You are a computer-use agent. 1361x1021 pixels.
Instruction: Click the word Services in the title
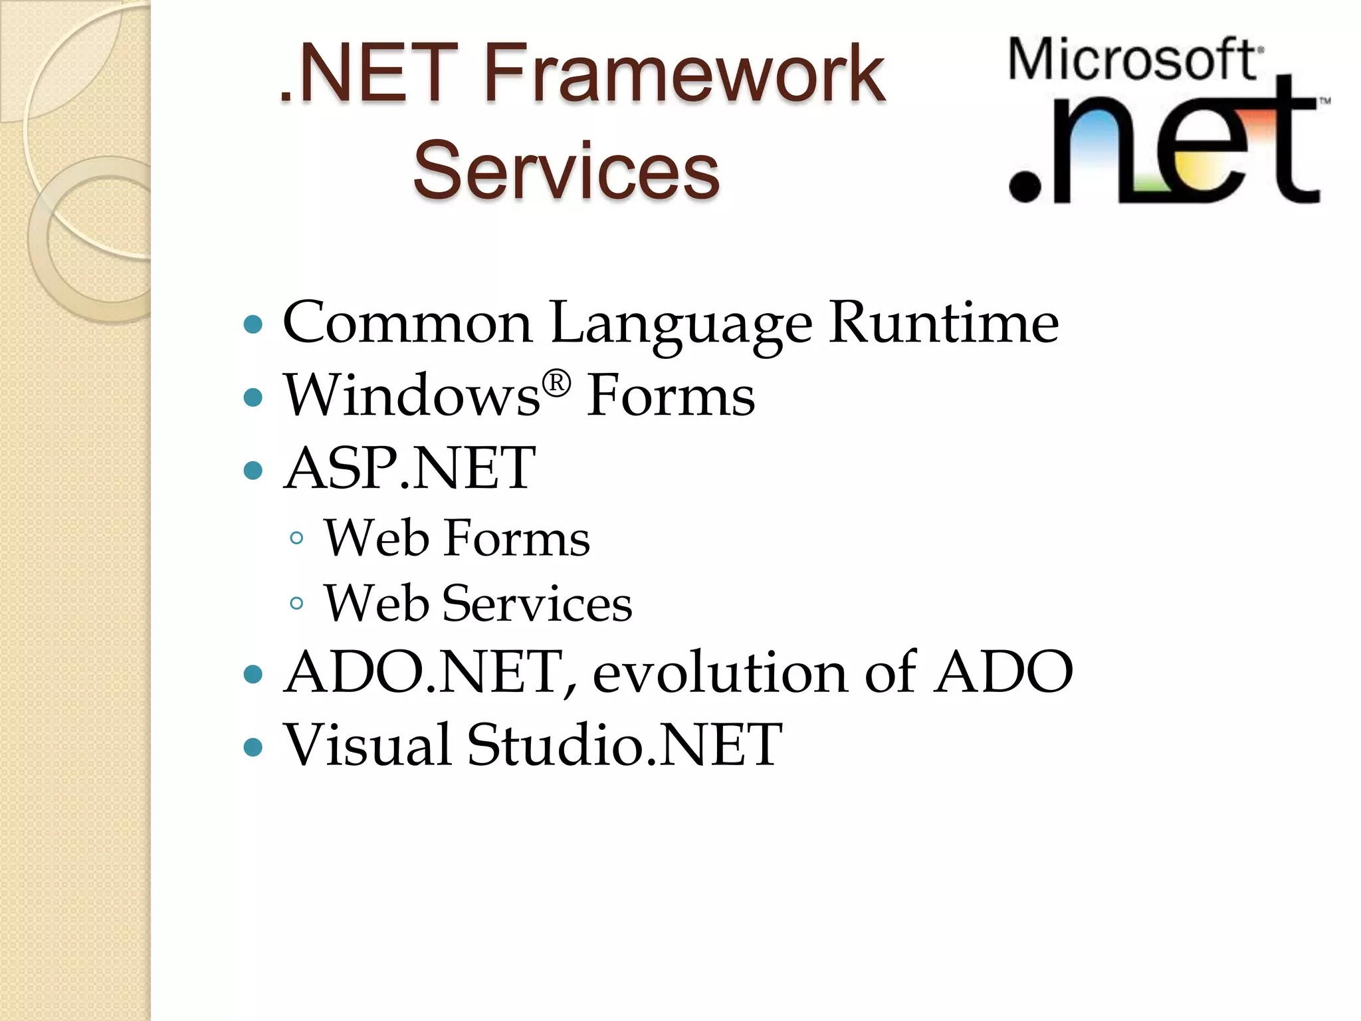[x=566, y=171]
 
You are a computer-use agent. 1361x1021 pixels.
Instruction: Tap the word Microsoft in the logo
[x=1133, y=60]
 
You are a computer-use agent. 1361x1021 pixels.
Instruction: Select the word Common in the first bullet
[x=407, y=323]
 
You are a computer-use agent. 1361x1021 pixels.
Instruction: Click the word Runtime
[x=944, y=323]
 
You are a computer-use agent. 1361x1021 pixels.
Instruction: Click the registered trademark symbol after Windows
[x=556, y=384]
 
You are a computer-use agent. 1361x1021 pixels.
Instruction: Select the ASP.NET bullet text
[x=409, y=469]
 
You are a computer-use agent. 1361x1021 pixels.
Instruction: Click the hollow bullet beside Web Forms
[x=297, y=538]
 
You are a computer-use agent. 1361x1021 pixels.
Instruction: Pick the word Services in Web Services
[x=537, y=604]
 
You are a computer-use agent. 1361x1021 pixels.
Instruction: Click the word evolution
[x=720, y=672]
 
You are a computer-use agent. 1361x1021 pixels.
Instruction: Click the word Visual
[x=367, y=744]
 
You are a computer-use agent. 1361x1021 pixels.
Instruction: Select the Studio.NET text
[x=624, y=744]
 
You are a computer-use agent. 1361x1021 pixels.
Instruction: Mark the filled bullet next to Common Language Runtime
[x=253, y=325]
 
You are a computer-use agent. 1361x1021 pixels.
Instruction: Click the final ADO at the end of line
[x=1003, y=672]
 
